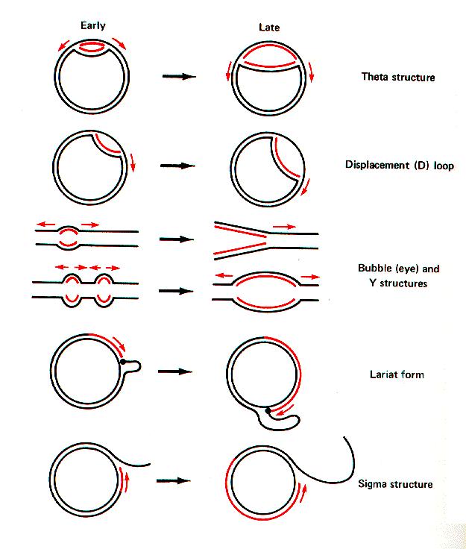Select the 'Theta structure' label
click(397, 77)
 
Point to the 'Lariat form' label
click(396, 374)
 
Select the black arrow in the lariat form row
click(176, 371)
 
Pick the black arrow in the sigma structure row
click(174, 480)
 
